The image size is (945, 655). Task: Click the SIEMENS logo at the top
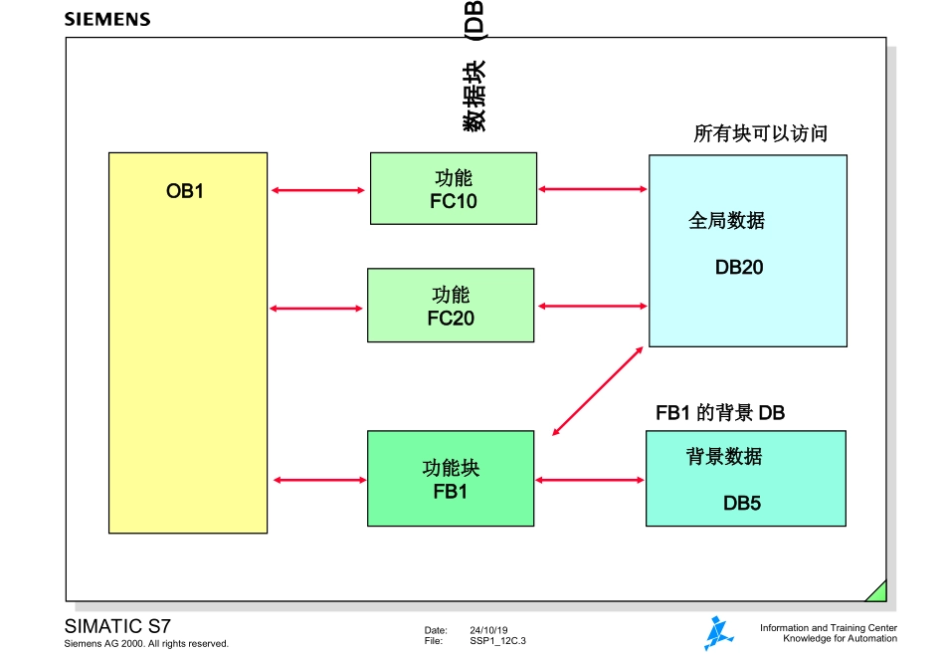click(x=107, y=19)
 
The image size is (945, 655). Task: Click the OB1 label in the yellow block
click(x=185, y=191)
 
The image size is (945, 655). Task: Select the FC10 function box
click(x=454, y=188)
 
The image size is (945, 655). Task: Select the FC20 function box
click(x=451, y=306)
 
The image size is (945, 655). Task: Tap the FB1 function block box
click(x=451, y=479)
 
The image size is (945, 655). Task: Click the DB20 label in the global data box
click(x=739, y=267)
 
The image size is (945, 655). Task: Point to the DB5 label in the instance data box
click(x=742, y=504)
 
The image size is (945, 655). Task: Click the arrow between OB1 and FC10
click(x=318, y=190)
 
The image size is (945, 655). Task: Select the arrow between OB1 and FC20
click(x=316, y=309)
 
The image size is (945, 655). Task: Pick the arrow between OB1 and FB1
click(x=318, y=481)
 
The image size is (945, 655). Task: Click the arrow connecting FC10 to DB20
click(x=593, y=188)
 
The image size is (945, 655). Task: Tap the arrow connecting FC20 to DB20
click(x=592, y=306)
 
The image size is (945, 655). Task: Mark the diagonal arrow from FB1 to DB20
click(x=594, y=391)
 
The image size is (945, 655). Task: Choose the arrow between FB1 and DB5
click(x=590, y=481)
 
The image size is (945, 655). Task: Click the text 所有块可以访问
click(x=760, y=134)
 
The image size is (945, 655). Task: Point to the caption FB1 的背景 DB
click(x=720, y=412)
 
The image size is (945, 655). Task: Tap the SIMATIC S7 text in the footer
click(x=117, y=626)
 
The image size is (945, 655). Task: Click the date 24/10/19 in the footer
click(x=488, y=630)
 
